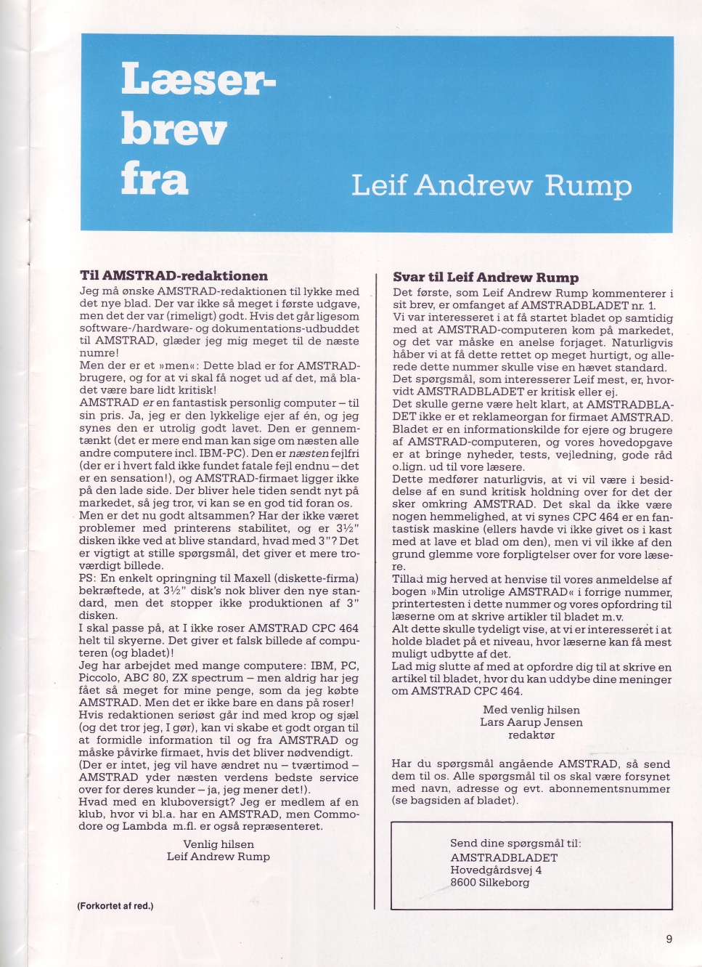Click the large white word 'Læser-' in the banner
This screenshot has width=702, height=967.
pyautogui.click(x=197, y=79)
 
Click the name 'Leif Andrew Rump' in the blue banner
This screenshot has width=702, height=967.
pyautogui.click(x=491, y=185)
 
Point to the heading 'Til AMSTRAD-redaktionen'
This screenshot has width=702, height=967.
pyautogui.click(x=174, y=276)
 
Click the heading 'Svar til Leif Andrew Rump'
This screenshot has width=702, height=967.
pyautogui.click(x=486, y=278)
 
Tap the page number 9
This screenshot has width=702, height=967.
pyautogui.click(x=669, y=939)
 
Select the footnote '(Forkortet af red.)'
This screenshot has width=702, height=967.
pyautogui.click(x=115, y=906)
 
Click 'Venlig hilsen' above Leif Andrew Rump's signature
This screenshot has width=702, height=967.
pyautogui.click(x=219, y=844)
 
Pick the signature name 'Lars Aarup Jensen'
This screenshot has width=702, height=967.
pyautogui.click(x=531, y=722)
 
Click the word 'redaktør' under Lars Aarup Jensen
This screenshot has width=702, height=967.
pyautogui.click(x=531, y=735)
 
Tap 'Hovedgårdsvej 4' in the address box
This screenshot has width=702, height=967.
pyautogui.click(x=496, y=870)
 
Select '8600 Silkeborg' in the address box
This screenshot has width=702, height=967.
pyautogui.click(x=490, y=882)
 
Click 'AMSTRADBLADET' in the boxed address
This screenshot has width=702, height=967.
pyautogui.click(x=504, y=857)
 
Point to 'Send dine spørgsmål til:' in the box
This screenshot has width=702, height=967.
pyautogui.click(x=515, y=843)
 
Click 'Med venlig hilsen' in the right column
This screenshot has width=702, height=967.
pyautogui.click(x=531, y=710)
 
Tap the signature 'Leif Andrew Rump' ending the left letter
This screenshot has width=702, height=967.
pyautogui.click(x=219, y=857)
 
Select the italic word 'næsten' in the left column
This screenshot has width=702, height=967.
pyautogui.click(x=309, y=453)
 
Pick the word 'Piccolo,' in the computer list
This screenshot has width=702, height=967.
pyautogui.click(x=100, y=678)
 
